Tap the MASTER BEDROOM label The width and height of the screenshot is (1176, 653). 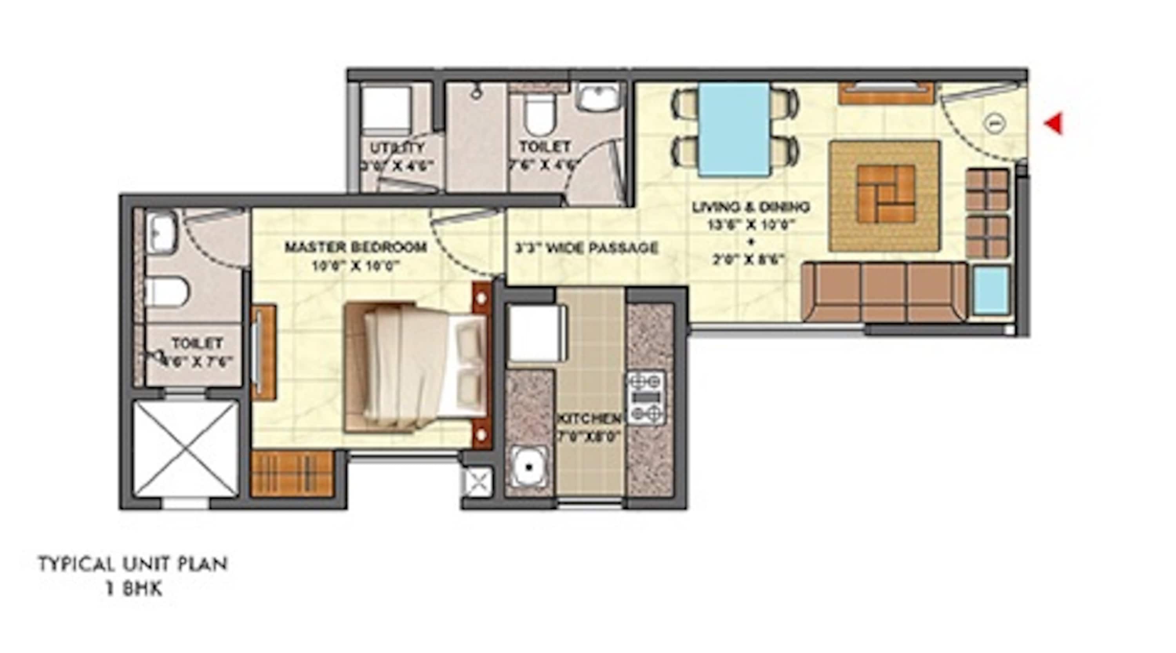[356, 247]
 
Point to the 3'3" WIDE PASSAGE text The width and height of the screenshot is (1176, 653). [587, 248]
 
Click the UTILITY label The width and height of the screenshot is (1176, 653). [397, 148]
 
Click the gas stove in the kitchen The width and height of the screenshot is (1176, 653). [645, 397]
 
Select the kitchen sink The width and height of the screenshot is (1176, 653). [529, 467]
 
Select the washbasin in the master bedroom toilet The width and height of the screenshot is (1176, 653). [161, 233]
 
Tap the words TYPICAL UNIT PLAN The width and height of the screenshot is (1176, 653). [133, 564]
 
